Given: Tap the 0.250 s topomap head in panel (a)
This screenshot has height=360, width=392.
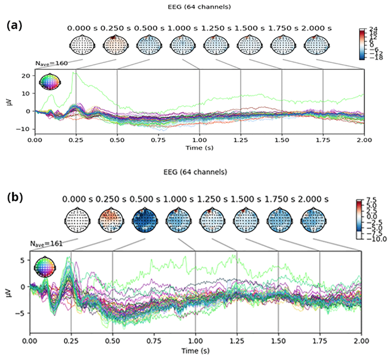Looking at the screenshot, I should point(114,44).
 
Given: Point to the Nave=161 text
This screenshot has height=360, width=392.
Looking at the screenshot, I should point(46,244).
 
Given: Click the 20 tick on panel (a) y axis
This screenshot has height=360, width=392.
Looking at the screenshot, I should point(28,76).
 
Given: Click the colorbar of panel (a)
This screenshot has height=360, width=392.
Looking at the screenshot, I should point(362,44).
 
